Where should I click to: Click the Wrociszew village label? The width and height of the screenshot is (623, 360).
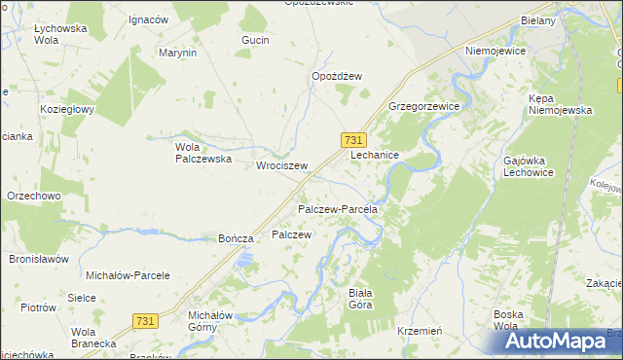(281, 165)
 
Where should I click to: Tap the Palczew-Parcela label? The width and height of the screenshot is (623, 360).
(337, 209)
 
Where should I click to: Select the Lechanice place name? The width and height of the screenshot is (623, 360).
(375, 155)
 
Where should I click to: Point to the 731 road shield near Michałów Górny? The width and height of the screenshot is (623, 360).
(145, 321)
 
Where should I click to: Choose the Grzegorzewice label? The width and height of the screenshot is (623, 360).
(423, 105)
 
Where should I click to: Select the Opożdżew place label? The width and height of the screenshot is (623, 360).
(337, 76)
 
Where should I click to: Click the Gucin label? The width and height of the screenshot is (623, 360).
(255, 41)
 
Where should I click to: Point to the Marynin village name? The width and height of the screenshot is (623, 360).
(177, 53)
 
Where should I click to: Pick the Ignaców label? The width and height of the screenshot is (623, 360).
(148, 20)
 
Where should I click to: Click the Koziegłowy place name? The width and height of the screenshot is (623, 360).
(66, 109)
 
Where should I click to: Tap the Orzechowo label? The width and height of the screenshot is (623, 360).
(34, 195)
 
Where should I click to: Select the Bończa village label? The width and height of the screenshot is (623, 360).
(237, 238)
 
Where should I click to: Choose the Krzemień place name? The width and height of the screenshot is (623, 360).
(421, 331)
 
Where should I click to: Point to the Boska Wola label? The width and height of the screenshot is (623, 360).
(511, 319)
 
